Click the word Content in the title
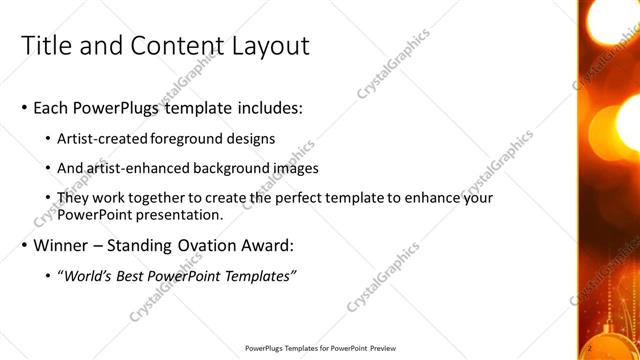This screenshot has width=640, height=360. coord(163,46)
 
